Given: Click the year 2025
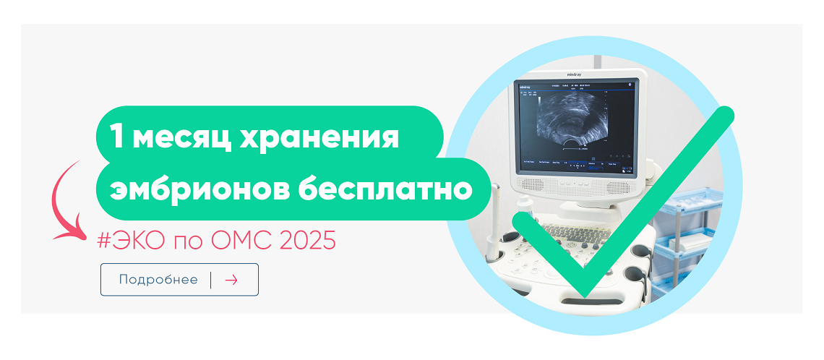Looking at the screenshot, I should coord(309,241).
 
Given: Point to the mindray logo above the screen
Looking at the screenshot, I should coord(575,74).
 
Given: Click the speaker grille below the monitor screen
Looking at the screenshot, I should coord(574,185).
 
